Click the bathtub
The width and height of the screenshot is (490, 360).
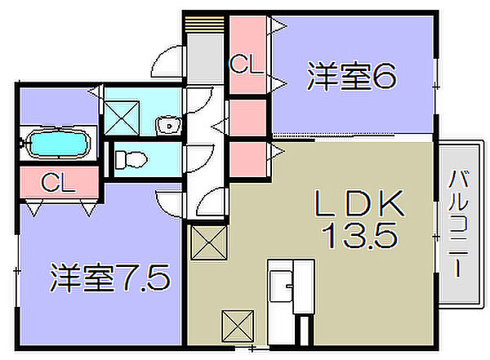pos(58,144)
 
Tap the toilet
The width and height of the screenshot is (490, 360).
pos(131,159)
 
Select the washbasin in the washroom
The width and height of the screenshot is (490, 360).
pos(168,127)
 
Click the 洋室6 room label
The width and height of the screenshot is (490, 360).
pos(352,76)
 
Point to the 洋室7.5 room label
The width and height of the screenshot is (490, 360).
pos(110,278)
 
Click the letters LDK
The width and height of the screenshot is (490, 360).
pos(359,203)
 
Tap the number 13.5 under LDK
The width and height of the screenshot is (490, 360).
pos(360,236)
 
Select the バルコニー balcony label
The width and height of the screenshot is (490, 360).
pos(458,223)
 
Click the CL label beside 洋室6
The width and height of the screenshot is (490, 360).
pos(247,64)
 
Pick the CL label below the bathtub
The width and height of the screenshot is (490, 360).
pos(58,183)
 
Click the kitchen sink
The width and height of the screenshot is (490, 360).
pos(281,286)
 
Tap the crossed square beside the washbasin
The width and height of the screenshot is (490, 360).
pos(121,118)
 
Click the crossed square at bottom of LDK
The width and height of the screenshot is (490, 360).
pos(238,326)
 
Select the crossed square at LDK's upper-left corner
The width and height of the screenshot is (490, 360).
pos(209,242)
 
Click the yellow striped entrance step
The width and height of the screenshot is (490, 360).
pos(204,24)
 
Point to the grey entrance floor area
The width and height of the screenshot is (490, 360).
pos(205,59)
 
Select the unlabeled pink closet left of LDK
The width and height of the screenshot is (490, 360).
pos(248,160)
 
